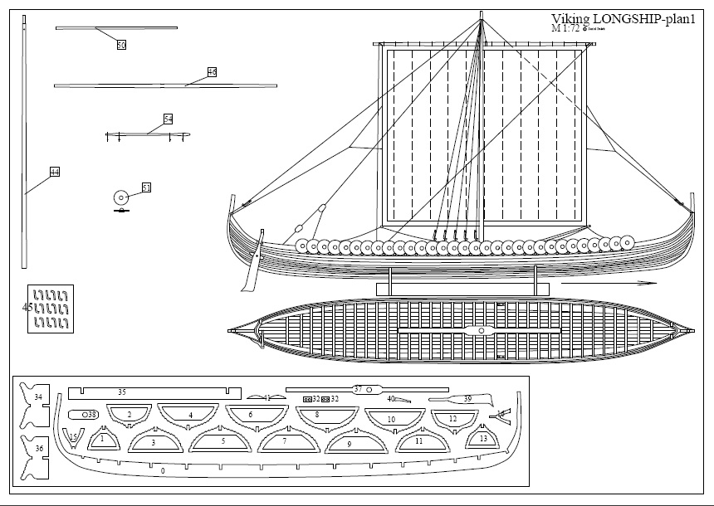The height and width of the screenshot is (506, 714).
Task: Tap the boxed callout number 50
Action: point(121,46)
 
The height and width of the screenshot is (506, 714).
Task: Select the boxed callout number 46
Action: point(212,73)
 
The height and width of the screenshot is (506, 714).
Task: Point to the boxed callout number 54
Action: point(168,119)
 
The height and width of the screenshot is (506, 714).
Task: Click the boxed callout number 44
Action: point(55,172)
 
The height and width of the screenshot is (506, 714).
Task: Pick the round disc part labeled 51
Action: point(120,197)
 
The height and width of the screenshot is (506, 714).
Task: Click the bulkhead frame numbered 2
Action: point(130,415)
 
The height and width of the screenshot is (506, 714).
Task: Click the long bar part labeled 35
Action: point(149,392)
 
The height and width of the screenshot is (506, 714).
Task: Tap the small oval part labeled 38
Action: point(85,413)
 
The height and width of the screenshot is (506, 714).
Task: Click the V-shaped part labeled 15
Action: point(74,436)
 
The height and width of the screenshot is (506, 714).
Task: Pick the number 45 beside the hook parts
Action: point(27,307)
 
